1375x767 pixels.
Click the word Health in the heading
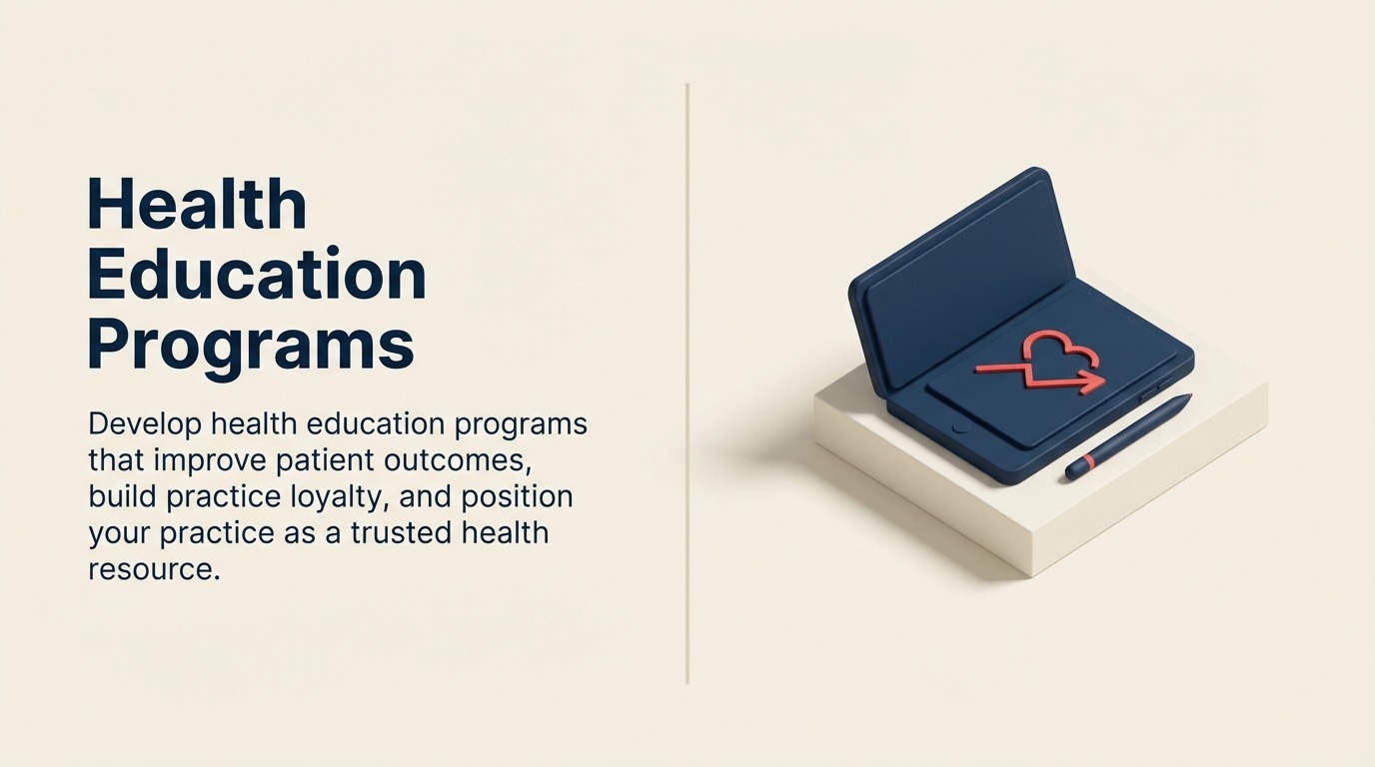(197, 205)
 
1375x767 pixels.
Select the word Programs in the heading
(251, 345)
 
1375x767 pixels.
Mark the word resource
(153, 569)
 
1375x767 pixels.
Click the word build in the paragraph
(118, 496)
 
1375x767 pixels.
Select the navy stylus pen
(1129, 436)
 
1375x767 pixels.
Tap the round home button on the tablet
(960, 427)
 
